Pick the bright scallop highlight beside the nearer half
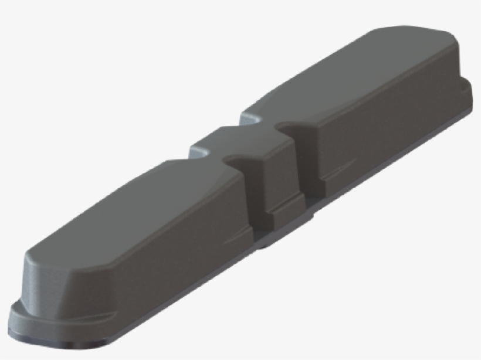[199, 154]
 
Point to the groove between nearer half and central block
[252, 193]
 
